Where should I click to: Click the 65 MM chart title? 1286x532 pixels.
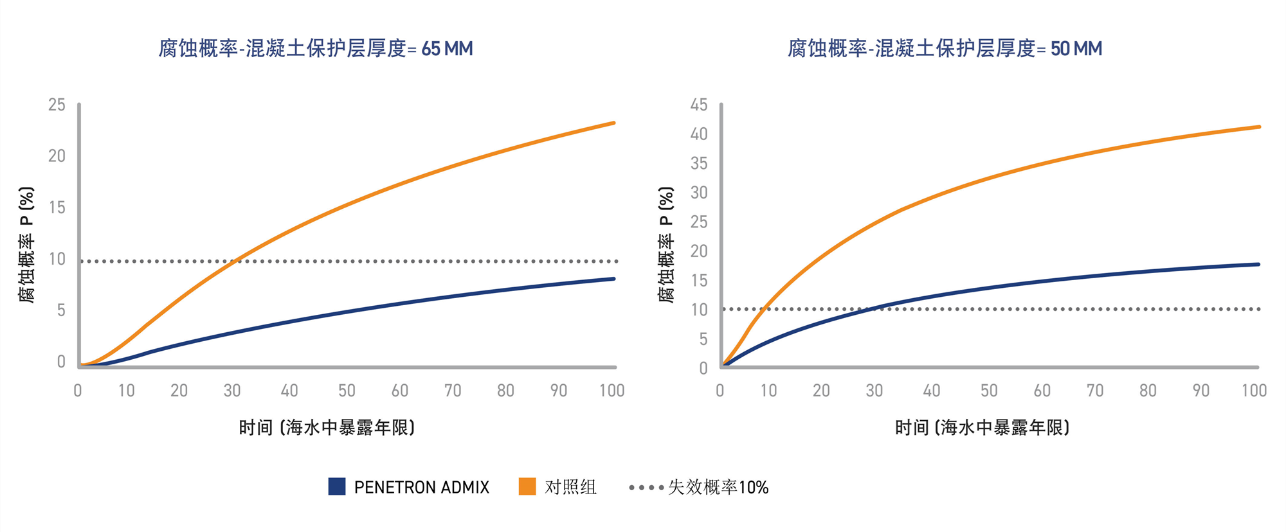click(316, 49)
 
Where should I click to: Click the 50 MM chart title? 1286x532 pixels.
click(945, 49)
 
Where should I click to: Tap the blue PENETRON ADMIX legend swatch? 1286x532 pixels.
click(337, 486)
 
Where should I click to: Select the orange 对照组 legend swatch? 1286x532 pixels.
click(527, 486)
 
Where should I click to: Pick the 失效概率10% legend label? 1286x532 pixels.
click(718, 487)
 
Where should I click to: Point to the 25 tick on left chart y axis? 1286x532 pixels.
click(57, 105)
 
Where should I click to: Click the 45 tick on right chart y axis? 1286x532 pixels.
click(699, 105)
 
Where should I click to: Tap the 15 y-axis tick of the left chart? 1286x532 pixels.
click(57, 208)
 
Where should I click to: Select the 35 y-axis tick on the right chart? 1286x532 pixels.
click(699, 163)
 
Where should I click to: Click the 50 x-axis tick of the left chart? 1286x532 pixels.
click(347, 391)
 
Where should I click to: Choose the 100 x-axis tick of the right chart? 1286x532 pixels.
click(1254, 391)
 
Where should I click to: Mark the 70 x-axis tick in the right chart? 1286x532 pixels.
click(1095, 391)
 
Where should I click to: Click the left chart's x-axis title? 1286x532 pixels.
click(327, 427)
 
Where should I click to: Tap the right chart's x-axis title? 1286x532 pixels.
click(983, 427)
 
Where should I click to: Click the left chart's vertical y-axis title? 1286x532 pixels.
click(26, 244)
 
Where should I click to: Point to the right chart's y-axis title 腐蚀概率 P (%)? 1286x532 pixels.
click(666, 244)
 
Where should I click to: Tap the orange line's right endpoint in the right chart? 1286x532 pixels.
click(1258, 127)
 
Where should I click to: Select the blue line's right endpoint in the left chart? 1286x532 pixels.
click(614, 279)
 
